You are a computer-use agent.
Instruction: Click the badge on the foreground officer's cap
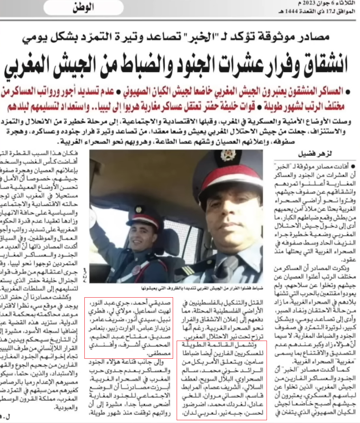tap(228, 155)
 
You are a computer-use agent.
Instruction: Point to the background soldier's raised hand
tap(93, 216)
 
